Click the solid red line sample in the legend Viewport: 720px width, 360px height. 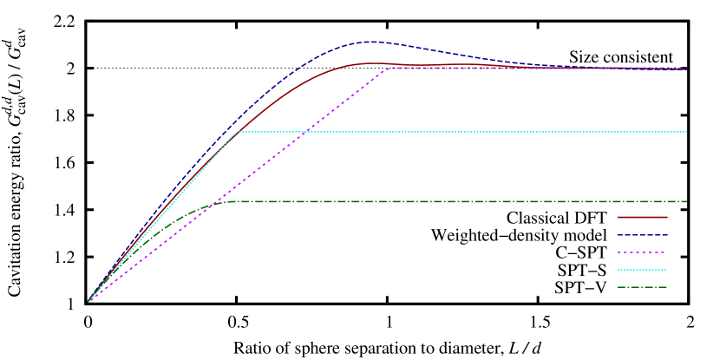[642, 217]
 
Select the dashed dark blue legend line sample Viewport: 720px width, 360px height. [642, 235]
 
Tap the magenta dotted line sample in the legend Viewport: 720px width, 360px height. [642, 252]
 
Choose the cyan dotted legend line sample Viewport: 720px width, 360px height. [642, 270]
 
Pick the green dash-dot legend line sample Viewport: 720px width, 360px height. [642, 287]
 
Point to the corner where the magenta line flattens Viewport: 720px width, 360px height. [389, 68]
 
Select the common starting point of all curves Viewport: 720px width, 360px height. [88, 301]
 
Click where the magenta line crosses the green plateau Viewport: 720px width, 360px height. [217, 201]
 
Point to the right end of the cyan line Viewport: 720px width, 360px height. [686, 132]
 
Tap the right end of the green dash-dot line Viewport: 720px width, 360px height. [686, 201]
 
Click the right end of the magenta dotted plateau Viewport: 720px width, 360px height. [686, 68]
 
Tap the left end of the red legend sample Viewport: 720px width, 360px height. [619, 217]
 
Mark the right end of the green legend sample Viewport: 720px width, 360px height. [666, 287]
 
